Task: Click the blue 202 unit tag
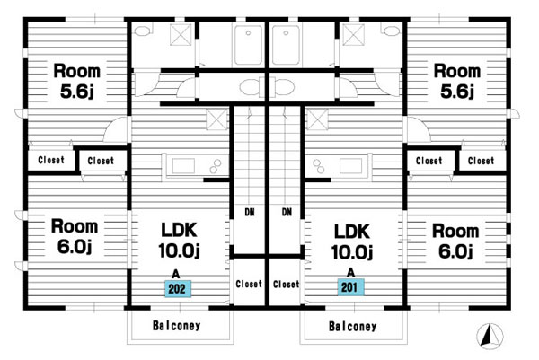pyautogui.click(x=177, y=288)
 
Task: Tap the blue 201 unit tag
pyautogui.click(x=351, y=287)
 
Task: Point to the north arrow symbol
pyautogui.click(x=489, y=336)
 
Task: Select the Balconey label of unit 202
pyautogui.click(x=176, y=326)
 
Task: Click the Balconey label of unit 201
pyautogui.click(x=352, y=326)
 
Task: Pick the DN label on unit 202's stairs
pyautogui.click(x=248, y=213)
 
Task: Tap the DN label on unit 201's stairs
pyautogui.click(x=287, y=213)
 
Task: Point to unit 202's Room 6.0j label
pyautogui.click(x=74, y=235)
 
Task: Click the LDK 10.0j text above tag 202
pyautogui.click(x=178, y=238)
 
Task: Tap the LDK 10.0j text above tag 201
pyautogui.click(x=352, y=238)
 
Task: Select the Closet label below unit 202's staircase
pyautogui.click(x=249, y=285)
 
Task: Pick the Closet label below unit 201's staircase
pyautogui.click(x=286, y=285)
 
